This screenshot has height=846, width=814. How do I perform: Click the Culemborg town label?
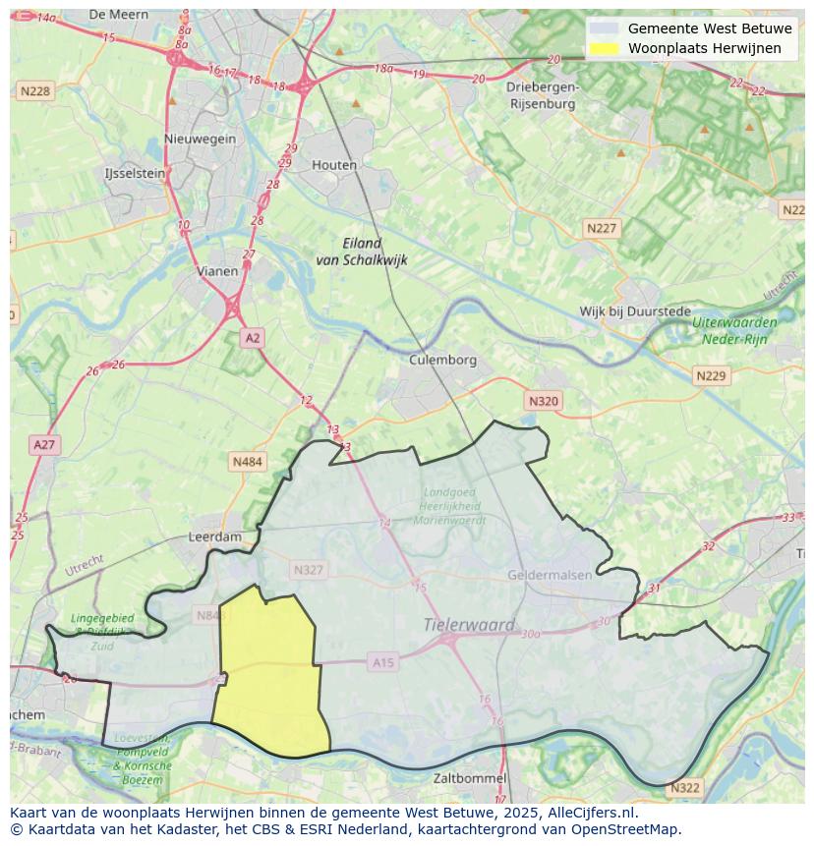[x=442, y=360]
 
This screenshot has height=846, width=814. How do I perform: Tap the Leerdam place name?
[x=214, y=537]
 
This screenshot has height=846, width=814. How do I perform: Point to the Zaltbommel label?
[x=471, y=778]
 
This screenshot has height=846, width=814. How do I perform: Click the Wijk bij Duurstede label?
[x=634, y=311]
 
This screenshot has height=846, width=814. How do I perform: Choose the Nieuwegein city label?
[x=201, y=139]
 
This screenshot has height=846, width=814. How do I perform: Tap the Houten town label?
[x=334, y=165]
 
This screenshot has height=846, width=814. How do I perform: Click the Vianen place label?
[x=217, y=271]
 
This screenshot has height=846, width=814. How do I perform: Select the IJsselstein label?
[x=135, y=173]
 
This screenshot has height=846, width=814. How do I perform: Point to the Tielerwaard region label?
[x=469, y=624]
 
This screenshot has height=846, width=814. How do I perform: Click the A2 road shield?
[x=253, y=338]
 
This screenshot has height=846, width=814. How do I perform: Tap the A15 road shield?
[x=383, y=663]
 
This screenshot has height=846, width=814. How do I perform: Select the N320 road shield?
[x=543, y=401]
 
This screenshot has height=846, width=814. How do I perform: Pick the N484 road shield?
[x=247, y=461]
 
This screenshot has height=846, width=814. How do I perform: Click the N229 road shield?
[x=710, y=376]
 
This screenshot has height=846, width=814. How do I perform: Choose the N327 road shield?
[x=308, y=570]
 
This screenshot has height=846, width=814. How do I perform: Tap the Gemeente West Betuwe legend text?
[x=696, y=28]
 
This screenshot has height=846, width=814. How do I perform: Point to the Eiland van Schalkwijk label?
[x=361, y=252]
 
